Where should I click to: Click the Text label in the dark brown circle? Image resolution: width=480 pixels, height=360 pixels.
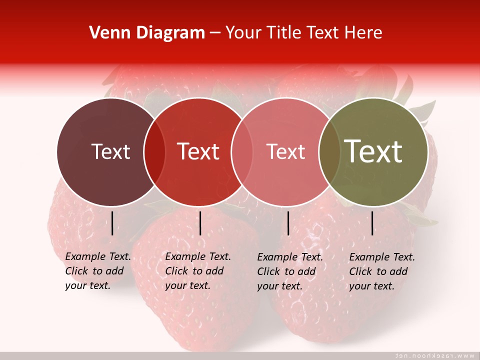[x=110, y=151]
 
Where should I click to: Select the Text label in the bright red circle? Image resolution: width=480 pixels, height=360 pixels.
[x=198, y=151]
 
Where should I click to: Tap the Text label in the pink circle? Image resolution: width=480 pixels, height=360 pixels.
[x=285, y=151]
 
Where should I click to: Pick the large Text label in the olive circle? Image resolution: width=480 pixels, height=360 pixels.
[x=373, y=151]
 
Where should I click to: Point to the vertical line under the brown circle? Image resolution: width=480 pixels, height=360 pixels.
[x=112, y=223]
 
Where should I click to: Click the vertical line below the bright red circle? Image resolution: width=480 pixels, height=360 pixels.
[x=200, y=223]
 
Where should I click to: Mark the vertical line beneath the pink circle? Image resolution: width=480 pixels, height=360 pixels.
[x=288, y=223]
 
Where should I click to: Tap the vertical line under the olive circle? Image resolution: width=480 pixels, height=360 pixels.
[x=372, y=223]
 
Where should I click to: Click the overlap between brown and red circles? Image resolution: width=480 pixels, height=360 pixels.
[x=154, y=151]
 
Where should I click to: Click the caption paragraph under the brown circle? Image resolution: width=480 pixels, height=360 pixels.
[x=97, y=271]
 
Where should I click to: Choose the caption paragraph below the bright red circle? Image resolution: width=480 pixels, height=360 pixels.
[x=197, y=271]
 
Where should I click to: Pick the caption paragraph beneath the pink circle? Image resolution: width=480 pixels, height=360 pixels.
[x=289, y=271]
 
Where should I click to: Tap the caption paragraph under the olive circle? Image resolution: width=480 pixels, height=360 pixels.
[x=381, y=271]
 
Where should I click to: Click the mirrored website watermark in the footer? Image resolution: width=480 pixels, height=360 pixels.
[x=434, y=355]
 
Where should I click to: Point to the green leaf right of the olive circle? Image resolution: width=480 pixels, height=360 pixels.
[x=425, y=110]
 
